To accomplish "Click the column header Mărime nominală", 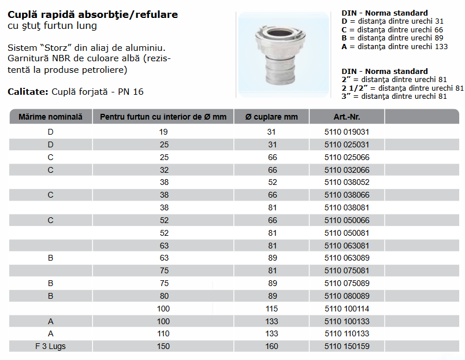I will pos(50,117).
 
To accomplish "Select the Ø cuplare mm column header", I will pos(271,117).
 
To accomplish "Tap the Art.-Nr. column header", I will pos(347,117).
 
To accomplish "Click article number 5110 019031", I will pos(347,132).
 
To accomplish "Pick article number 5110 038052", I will pos(347,182).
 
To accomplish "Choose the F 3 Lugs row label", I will pos(50,346).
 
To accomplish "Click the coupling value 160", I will pos(271,346).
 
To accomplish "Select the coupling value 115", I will pos(271,309).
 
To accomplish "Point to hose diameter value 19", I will pos(163,132).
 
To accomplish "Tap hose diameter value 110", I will pos(163,333).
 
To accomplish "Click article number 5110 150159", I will pos(347,346).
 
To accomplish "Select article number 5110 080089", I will pos(347,296).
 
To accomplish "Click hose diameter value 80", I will pos(163,296).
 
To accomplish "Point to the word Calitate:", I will pos(27,92).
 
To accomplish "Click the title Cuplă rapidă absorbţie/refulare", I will pos(93,14).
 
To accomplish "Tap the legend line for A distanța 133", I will pos(395,47).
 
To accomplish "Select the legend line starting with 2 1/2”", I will pos(403,88).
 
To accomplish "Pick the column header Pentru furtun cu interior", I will pos(163,117).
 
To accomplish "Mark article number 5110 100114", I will pos(347,309).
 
